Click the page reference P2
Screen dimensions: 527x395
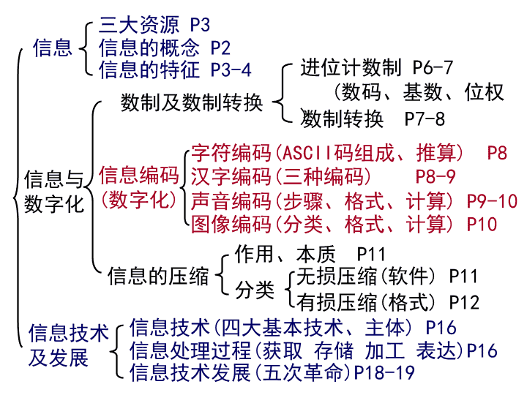(x=220, y=48)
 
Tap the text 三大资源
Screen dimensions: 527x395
(x=139, y=25)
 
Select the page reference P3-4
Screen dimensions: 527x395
(x=231, y=70)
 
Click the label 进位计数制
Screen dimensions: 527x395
(x=351, y=67)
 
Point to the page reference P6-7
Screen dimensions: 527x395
(x=433, y=67)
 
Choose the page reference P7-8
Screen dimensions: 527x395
(x=425, y=119)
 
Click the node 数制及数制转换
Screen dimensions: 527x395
(x=192, y=102)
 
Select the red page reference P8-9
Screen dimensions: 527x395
(x=436, y=176)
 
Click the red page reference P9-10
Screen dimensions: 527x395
(x=492, y=201)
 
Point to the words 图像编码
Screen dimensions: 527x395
(x=231, y=224)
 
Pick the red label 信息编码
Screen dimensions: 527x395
(x=139, y=175)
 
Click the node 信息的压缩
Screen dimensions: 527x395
(x=158, y=276)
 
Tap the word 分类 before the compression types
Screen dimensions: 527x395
(x=255, y=290)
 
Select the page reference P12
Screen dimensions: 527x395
(x=464, y=302)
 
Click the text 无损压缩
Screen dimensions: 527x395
(x=337, y=276)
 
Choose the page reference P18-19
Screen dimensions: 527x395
(x=384, y=372)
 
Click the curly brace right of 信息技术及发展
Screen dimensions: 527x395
(x=116, y=351)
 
